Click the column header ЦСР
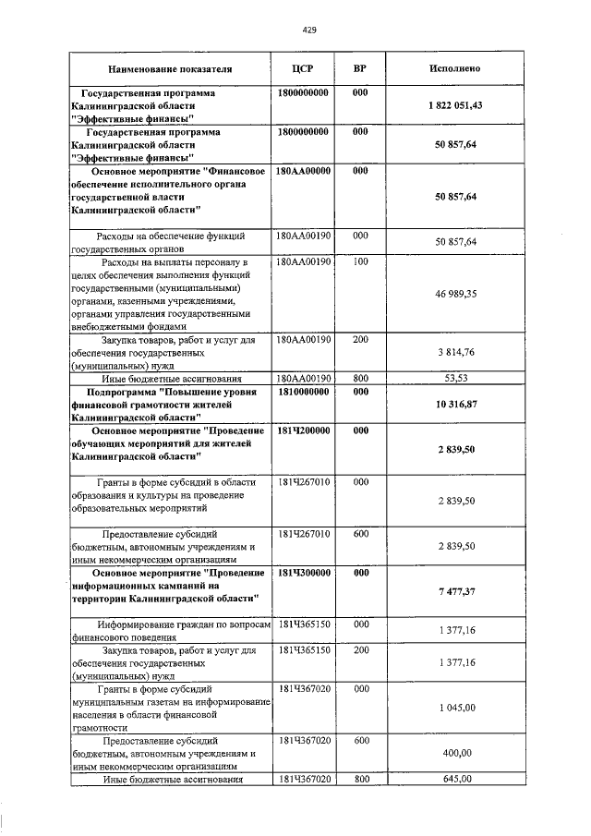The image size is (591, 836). (303, 69)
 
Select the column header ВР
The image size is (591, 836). (360, 69)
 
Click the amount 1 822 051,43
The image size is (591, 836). (455, 105)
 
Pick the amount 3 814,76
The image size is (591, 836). (455, 352)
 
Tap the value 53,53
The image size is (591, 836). (455, 378)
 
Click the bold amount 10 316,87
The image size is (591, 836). (455, 404)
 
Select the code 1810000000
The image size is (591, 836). (303, 392)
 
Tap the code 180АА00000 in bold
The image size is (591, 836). (303, 171)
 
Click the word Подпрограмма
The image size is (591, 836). (112, 392)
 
